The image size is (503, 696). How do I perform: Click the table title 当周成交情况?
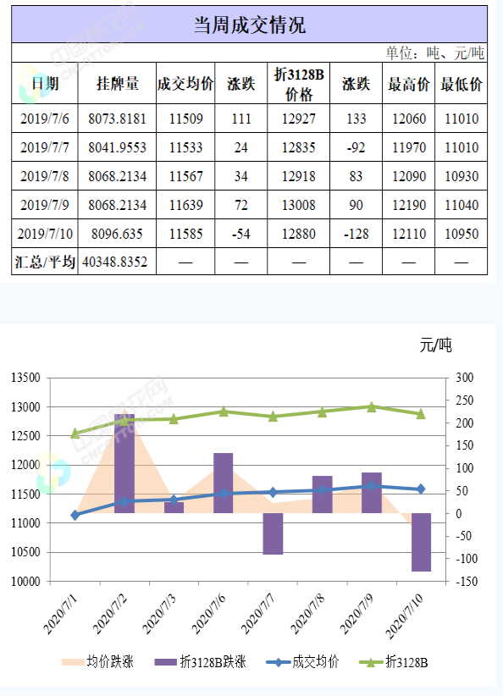[250, 25]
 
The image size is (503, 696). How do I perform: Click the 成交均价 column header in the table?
[185, 84]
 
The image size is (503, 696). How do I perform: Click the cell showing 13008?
[298, 205]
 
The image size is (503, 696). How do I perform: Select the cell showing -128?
[356, 234]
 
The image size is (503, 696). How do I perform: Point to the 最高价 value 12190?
[410, 205]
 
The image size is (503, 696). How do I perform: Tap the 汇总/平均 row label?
[46, 262]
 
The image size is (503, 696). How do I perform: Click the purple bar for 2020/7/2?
[124, 463]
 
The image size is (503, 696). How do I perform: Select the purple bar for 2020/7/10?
[421, 542]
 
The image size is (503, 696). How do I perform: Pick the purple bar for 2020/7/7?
[273, 533]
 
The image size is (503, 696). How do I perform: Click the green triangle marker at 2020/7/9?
[372, 407]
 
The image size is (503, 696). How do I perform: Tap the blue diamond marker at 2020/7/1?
[75, 515]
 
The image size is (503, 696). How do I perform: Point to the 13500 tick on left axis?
[27, 378]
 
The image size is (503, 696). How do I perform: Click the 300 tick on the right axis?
[464, 378]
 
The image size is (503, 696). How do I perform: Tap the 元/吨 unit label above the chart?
[436, 345]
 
